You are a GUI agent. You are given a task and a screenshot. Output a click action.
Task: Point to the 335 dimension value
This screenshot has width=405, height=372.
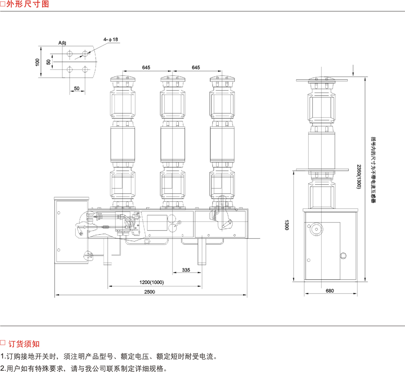[186, 269]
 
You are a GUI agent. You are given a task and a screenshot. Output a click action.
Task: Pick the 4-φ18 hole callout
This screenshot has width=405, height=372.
[110, 39]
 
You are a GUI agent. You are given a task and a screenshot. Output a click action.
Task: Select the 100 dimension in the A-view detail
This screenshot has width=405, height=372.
[37, 62]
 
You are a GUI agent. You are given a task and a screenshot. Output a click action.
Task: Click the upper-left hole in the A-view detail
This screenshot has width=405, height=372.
[70, 53]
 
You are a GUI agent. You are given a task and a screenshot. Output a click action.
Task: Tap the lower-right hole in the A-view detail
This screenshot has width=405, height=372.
[85, 69]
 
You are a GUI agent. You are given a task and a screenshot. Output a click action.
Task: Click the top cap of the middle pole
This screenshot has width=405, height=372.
[173, 78]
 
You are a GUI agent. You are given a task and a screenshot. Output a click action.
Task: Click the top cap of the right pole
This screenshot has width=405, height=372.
[222, 78]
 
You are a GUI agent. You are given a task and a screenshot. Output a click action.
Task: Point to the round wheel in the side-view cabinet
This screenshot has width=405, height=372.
[315, 230]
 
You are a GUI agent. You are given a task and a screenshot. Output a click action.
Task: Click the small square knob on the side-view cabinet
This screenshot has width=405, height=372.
[344, 255]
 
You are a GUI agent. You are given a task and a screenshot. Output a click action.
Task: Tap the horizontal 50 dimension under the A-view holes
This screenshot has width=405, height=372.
[77, 88]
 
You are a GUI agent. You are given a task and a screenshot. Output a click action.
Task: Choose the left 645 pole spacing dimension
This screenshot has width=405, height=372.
[146, 68]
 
